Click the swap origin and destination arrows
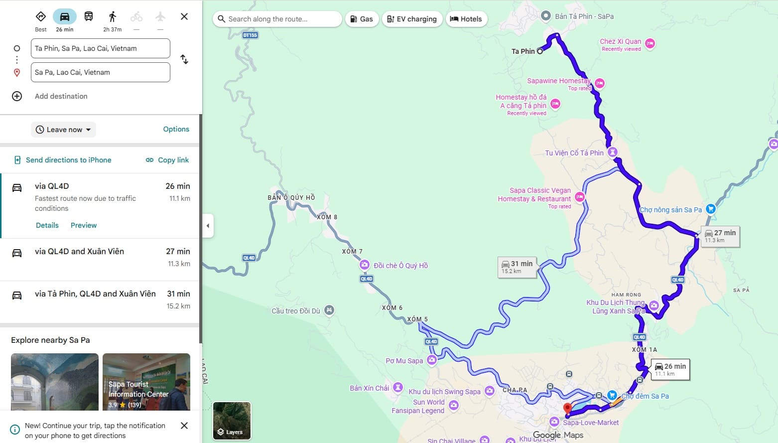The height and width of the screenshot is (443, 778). (184, 60)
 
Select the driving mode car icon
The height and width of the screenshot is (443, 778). (65, 17)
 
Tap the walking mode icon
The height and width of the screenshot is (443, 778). (113, 17)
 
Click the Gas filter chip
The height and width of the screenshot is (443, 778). (362, 19)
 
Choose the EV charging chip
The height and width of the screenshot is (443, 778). (412, 19)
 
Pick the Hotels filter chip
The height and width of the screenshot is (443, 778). (466, 19)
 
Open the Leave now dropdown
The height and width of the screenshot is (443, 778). (64, 130)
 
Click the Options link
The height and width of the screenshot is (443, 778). (176, 129)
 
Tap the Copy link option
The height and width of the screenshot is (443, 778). (167, 160)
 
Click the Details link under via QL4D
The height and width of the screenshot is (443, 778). (47, 225)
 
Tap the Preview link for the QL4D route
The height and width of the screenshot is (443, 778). (84, 225)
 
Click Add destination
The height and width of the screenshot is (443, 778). (61, 96)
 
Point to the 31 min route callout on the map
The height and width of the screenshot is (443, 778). (518, 267)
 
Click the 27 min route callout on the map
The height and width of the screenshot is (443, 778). (720, 236)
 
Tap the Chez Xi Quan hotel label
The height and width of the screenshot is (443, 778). (621, 42)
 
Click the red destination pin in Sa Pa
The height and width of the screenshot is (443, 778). (567, 409)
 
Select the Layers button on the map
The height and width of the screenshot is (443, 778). (232, 421)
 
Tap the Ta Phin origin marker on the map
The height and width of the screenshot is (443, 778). (540, 51)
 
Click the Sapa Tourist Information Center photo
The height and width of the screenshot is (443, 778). (146, 381)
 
